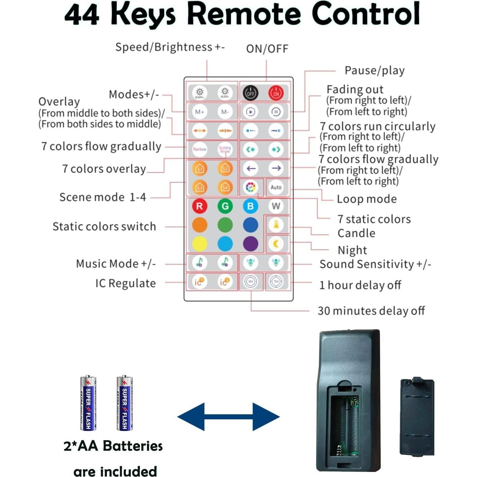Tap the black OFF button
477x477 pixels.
pyautogui.click(x=250, y=93)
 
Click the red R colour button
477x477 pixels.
pyautogui.click(x=200, y=206)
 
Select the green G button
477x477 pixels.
pyautogui.click(x=225, y=206)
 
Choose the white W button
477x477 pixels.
pyautogui.click(x=276, y=206)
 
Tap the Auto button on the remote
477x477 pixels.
pyautogui.click(x=276, y=187)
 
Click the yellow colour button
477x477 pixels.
pyautogui.click(x=200, y=244)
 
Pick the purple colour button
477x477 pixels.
pyautogui.click(x=250, y=244)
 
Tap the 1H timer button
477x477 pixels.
pyautogui.click(x=276, y=281)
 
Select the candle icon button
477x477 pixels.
pyautogui.click(x=276, y=225)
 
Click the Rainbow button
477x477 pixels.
pyautogui.click(x=200, y=149)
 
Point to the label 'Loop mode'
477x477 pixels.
pyautogui.click(x=366, y=199)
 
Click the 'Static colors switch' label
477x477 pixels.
pyautogui.click(x=104, y=226)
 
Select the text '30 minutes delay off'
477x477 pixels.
pyautogui.click(x=371, y=310)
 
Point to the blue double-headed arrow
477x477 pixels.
pyautogui.click(x=229, y=417)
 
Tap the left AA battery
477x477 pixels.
pyautogui.click(x=88, y=403)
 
